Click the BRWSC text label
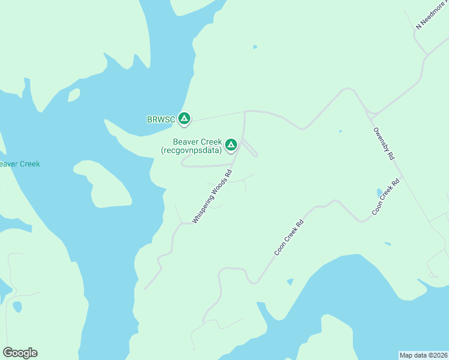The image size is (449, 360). [x=161, y=119]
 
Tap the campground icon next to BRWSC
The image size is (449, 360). [x=185, y=119]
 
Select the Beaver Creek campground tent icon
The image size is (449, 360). [x=231, y=145]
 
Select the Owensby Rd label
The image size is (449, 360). [x=384, y=143]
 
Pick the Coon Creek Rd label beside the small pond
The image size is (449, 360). [x=385, y=197]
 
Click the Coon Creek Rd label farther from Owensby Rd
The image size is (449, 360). [x=289, y=238]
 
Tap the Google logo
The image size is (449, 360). [x=20, y=353]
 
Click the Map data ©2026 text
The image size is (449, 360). [x=423, y=355]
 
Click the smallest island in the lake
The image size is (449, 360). [x=74, y=95]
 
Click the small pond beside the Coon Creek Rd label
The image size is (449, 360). [x=379, y=193]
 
